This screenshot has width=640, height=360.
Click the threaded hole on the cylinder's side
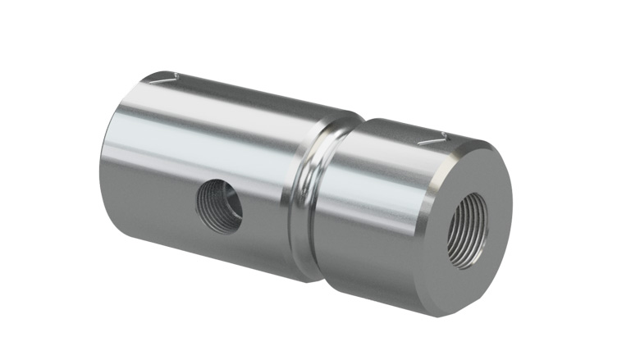pos(219,205)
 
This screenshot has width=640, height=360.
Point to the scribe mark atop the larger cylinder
pos(167,79)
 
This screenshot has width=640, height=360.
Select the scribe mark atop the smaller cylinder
pos(433,140)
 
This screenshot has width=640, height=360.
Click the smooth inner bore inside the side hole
pos(226,209)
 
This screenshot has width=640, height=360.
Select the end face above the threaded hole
pos(476,172)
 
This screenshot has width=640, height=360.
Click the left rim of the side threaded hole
pos(199,203)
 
